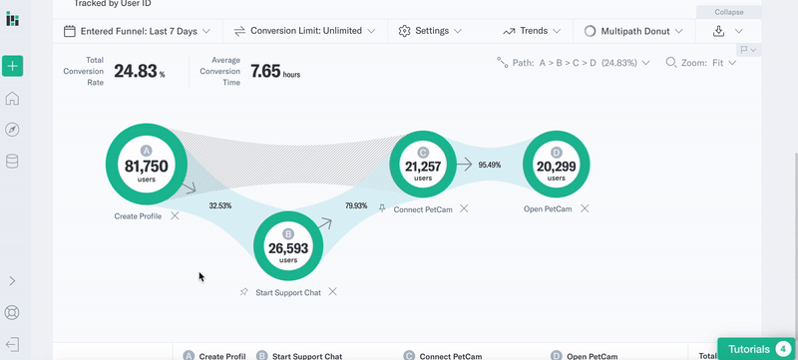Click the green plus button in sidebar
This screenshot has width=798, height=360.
click(12, 67)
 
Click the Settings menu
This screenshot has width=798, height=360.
click(430, 31)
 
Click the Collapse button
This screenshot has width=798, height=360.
click(728, 12)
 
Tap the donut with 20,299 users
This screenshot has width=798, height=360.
click(556, 166)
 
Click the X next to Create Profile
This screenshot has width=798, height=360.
click(175, 215)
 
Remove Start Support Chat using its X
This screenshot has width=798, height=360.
click(332, 292)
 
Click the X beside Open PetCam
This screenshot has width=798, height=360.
click(585, 209)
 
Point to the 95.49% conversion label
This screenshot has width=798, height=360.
click(489, 165)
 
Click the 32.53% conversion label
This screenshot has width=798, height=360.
click(219, 205)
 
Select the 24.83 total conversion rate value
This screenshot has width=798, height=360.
click(135, 71)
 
